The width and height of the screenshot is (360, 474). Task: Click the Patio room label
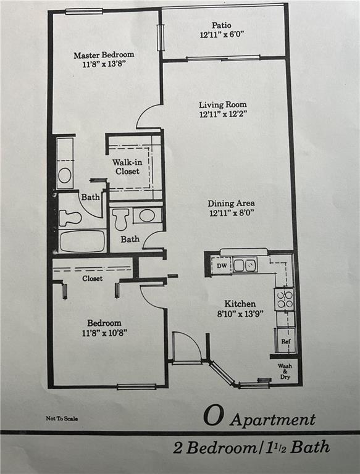click(221, 25)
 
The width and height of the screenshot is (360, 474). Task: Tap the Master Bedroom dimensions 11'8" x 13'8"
click(104, 64)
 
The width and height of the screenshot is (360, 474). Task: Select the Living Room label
click(223, 104)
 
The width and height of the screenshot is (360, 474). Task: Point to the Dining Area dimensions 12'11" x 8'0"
click(232, 213)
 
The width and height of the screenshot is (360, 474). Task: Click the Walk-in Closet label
click(127, 167)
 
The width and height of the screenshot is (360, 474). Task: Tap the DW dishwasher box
click(221, 266)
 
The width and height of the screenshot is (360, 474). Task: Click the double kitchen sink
click(245, 265)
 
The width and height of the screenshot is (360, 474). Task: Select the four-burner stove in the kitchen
click(284, 299)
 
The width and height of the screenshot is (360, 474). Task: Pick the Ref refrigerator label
click(285, 341)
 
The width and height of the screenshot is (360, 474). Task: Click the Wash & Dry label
click(285, 372)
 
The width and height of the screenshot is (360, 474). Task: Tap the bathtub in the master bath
click(82, 241)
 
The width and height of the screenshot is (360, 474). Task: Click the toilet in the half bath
click(120, 218)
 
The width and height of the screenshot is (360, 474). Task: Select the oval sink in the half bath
click(147, 215)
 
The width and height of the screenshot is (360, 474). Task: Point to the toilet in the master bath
click(70, 218)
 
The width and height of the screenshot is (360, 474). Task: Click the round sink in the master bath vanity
click(65, 175)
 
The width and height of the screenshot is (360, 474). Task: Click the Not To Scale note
click(62, 418)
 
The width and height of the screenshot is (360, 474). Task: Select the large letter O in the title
click(214, 416)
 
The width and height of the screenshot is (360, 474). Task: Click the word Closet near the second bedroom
click(92, 278)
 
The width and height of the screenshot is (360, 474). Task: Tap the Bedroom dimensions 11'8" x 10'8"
click(104, 333)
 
